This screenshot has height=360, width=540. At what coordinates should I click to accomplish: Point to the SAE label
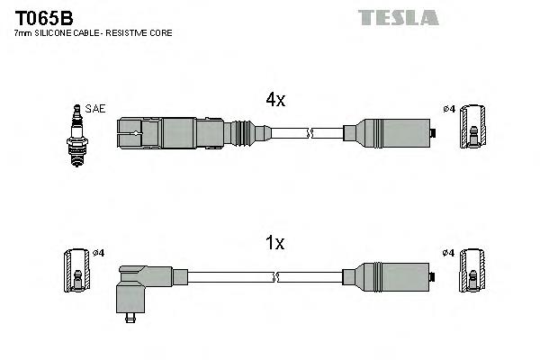[96, 109]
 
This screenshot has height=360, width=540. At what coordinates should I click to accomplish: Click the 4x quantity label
[274, 101]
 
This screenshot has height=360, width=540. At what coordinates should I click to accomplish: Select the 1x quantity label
[274, 243]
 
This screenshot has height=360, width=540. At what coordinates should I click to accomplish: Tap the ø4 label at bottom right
[447, 253]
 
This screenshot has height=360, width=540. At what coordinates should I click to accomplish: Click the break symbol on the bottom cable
[309, 276]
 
